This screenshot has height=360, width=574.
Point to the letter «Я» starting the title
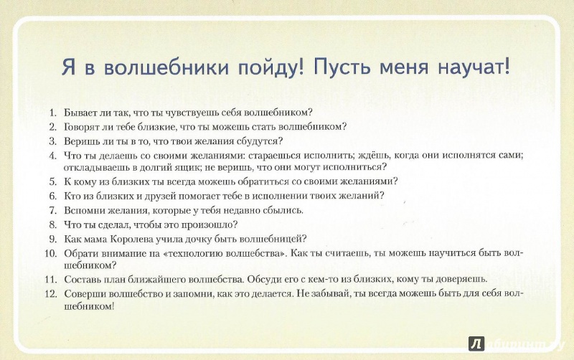click(x=68, y=67)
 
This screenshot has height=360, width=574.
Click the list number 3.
click(x=53, y=141)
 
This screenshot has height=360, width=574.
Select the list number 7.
click(x=53, y=210)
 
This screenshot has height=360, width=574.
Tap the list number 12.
click(x=51, y=294)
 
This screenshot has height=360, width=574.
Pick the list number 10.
click(x=51, y=253)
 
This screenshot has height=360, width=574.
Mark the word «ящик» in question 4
click(x=179, y=168)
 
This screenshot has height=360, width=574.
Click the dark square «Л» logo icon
click(x=476, y=344)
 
